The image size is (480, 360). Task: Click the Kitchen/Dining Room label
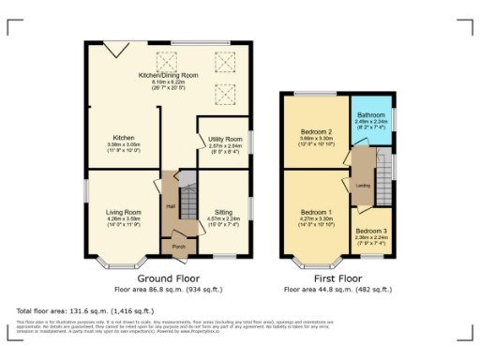(x=169, y=74)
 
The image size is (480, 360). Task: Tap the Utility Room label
(x=225, y=139)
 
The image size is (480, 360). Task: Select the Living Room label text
(x=124, y=213)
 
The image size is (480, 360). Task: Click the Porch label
(x=177, y=248)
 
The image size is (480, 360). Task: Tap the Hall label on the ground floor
(x=171, y=206)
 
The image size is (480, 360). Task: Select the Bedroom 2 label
(x=317, y=131)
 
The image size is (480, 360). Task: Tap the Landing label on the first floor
(x=363, y=185)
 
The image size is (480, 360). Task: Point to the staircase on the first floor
(x=382, y=173)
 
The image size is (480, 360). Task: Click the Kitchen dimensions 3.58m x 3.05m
(x=124, y=145)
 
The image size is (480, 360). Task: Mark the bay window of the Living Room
(x=124, y=258)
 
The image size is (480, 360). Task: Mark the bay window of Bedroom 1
(x=314, y=260)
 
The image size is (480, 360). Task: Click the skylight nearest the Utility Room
(x=225, y=94)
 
